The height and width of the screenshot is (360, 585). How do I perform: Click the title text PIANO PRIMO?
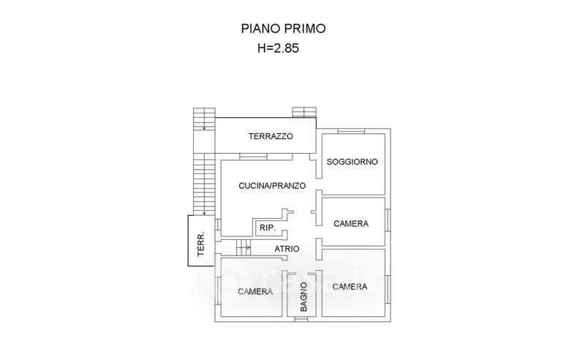tap(283, 29)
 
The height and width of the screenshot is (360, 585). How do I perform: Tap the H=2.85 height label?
tap(279, 48)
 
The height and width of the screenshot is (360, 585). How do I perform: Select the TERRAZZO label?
tap(271, 136)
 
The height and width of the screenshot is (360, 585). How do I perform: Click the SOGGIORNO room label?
tap(352, 162)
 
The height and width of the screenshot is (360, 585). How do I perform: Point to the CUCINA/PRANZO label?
tap(272, 186)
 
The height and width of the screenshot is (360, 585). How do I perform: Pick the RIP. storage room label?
tap(268, 228)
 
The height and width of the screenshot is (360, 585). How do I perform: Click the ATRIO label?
tap(287, 249)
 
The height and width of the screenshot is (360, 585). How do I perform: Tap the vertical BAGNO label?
tap(303, 297)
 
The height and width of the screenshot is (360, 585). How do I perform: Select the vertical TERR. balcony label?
tap(201, 244)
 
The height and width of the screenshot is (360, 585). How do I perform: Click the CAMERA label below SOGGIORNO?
tap(351, 224)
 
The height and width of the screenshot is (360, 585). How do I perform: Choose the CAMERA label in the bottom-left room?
tap(255, 291)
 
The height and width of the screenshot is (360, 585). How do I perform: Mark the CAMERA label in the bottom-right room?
tap(350, 286)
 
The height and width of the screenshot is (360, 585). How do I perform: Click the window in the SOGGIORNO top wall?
tap(351, 131)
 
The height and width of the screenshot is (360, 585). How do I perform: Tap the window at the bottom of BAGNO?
tap(301, 319)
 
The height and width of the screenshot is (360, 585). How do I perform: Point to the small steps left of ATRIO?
tap(244, 247)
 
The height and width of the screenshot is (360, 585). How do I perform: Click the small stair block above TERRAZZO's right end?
tap(304, 113)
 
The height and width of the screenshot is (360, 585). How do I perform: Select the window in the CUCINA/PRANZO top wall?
tap(253, 157)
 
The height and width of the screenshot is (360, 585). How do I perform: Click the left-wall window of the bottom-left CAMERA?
tap(217, 291)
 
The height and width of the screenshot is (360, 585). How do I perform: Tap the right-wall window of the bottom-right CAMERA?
tap(388, 290)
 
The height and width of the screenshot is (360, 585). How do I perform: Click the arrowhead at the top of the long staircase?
tap(204, 129)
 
